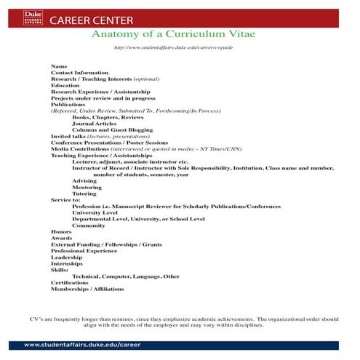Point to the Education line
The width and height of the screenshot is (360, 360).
pos(65,85)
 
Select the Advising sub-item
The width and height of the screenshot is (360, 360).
pos(84,180)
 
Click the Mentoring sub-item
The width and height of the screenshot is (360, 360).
pos(87,187)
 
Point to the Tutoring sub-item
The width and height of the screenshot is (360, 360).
pos(84,193)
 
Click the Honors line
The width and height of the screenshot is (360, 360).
pos(61,231)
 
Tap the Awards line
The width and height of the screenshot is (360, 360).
pos(61,238)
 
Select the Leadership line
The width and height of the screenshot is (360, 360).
pos(67,257)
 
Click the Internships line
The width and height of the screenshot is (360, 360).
pos(67,263)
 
